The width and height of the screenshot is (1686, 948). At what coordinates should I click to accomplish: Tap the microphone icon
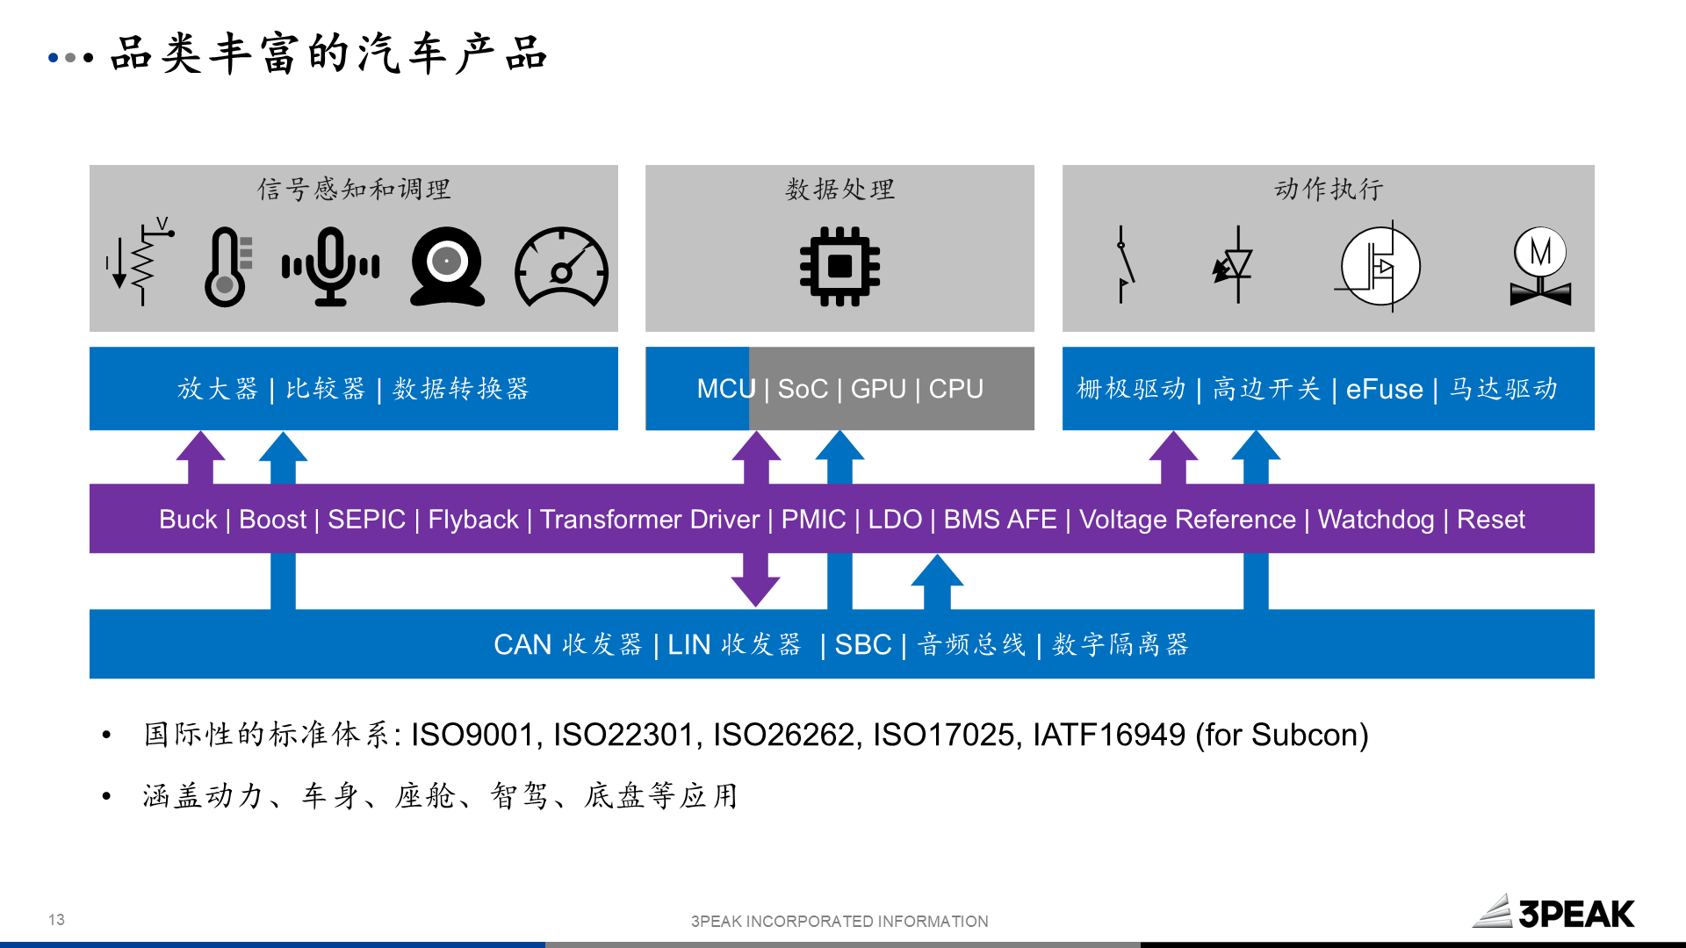point(330,267)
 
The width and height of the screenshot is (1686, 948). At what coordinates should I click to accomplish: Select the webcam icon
point(447,267)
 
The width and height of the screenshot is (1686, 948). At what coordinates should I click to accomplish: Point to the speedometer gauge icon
point(562,267)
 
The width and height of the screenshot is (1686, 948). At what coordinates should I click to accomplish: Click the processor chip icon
point(839,267)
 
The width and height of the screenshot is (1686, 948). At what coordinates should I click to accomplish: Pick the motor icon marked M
point(1540,267)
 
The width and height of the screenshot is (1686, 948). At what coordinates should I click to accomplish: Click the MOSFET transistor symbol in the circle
point(1380,267)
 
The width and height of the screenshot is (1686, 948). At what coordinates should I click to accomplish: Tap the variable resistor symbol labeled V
point(142,263)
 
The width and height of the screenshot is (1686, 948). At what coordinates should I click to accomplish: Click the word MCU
point(725,389)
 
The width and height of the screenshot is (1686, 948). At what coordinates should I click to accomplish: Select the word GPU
point(878,389)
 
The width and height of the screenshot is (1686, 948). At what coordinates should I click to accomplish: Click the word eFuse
point(1384,389)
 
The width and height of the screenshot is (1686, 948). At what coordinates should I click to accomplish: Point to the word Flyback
point(472,520)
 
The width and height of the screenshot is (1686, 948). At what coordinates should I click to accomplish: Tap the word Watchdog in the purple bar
point(1375,520)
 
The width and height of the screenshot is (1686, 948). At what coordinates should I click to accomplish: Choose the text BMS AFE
point(999,520)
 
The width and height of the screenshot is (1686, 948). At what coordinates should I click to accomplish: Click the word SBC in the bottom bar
point(862,645)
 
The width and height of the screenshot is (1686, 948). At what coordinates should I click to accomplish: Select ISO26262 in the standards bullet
point(784,735)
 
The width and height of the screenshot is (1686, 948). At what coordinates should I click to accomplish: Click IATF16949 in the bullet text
point(1108,735)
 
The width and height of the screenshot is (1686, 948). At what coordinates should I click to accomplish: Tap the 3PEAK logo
point(1553,913)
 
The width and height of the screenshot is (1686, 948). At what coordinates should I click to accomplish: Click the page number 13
point(56,920)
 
